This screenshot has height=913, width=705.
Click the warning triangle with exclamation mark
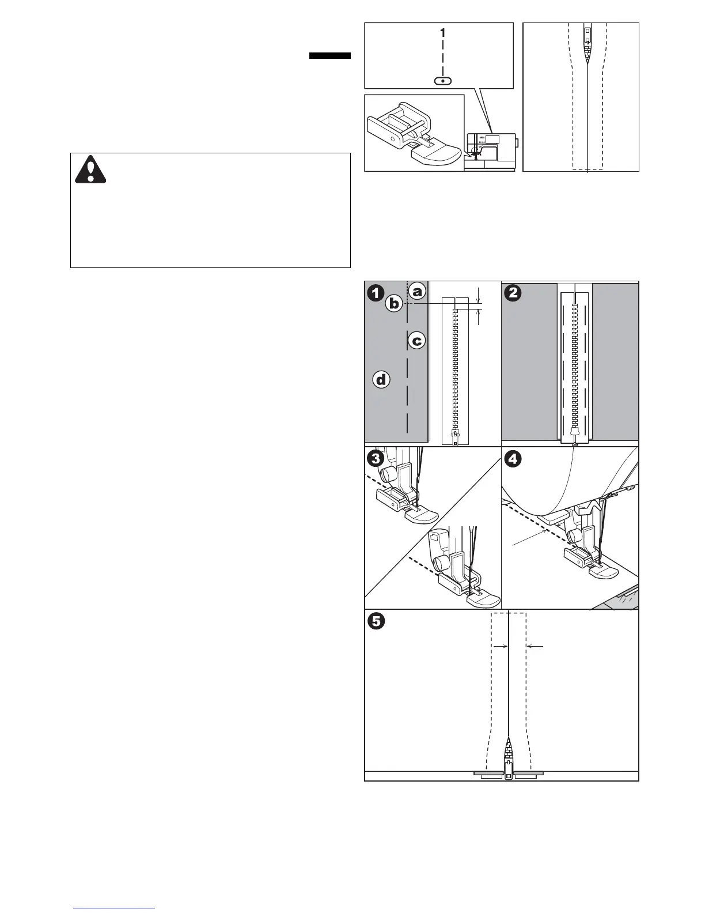pos(90,169)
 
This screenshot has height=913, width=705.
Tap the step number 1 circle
pos(376,293)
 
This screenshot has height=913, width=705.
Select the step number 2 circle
pos(513,293)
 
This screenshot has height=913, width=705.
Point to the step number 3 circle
pos(376,459)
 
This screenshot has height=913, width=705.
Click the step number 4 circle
pos(513,459)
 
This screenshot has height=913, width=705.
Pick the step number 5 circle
pos(376,621)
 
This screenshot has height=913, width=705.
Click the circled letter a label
pos(418,291)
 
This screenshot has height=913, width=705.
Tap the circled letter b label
pos(394,303)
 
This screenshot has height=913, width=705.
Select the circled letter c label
pos(417,341)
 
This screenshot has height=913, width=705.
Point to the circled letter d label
pos(381,380)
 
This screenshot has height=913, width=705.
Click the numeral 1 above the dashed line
pos(442,33)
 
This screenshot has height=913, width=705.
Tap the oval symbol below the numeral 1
pos(442,81)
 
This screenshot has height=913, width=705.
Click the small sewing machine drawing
pos(491,152)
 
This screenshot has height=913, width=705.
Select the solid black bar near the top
pos(330,56)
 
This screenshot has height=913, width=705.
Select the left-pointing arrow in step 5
pos(535,647)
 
